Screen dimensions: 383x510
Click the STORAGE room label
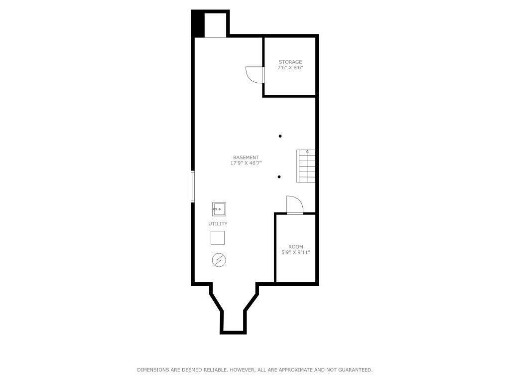click(x=290, y=62)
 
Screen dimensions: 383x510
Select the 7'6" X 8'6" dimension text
click(x=290, y=67)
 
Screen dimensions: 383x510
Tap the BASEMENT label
click(x=246, y=158)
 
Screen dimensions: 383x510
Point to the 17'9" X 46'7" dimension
click(x=246, y=163)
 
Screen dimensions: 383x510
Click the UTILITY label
click(x=218, y=224)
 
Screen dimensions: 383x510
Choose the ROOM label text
click(x=295, y=247)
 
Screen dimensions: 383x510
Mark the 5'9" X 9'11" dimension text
click(x=295, y=252)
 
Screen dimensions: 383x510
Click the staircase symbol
click(x=306, y=166)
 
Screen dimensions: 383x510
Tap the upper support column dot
click(x=280, y=136)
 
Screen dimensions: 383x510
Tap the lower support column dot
click(x=279, y=177)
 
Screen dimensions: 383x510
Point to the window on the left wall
click(x=193, y=187)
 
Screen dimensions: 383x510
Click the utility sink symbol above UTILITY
click(x=218, y=208)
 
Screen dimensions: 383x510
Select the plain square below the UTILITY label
click(x=218, y=238)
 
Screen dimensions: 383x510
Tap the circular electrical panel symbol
click(x=218, y=260)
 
